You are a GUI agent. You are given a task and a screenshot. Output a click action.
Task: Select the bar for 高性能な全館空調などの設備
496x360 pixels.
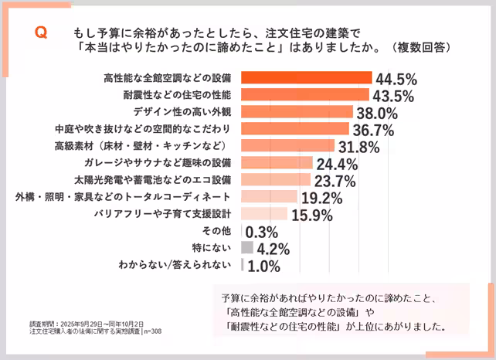click(307, 78)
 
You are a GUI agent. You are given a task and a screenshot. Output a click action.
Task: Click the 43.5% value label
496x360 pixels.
click(395, 96)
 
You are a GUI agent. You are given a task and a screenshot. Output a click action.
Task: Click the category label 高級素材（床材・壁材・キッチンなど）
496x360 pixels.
click(144, 146)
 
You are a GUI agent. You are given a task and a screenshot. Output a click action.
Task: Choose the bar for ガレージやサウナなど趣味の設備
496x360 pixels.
click(277, 163)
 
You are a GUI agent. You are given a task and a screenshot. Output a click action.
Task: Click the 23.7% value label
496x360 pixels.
click(334, 181)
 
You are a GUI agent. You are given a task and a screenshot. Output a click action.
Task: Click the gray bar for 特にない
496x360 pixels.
click(247, 248)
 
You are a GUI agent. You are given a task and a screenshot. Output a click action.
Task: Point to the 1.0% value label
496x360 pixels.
click(263, 266)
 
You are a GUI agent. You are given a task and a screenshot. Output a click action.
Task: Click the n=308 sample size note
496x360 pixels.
click(152, 331)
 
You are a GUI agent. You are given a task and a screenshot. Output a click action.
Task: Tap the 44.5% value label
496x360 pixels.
click(396, 79)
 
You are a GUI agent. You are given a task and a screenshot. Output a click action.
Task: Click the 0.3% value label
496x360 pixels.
click(262, 232)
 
